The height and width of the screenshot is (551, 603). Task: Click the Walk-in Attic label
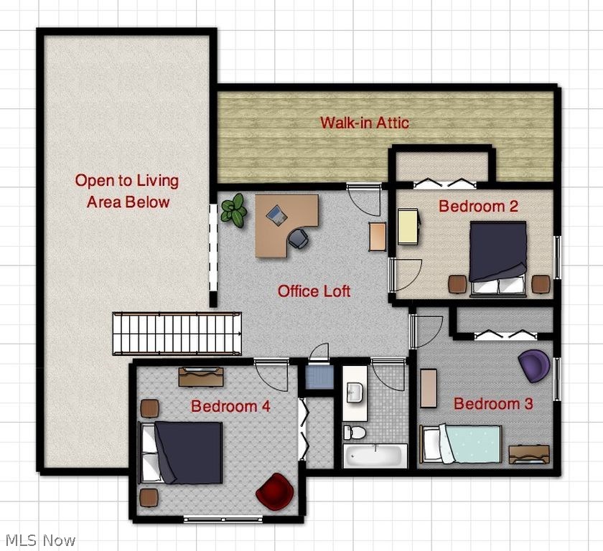[x=365, y=123]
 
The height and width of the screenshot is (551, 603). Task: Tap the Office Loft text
[x=314, y=291]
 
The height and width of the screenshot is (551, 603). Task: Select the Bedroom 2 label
[x=478, y=207]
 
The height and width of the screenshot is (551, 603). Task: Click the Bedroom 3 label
[x=493, y=405]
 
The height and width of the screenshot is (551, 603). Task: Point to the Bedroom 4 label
[x=230, y=407]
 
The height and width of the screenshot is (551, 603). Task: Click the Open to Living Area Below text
[x=128, y=191]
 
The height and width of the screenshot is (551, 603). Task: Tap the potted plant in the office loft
[x=233, y=210]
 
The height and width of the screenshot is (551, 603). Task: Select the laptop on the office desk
[x=276, y=214]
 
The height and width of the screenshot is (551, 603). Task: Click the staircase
[x=177, y=333]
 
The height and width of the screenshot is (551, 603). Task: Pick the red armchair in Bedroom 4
[x=275, y=491]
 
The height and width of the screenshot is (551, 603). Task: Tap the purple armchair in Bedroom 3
[x=535, y=366]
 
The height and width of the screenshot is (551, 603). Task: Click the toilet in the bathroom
[x=354, y=432]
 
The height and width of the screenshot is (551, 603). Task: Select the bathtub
[x=375, y=456]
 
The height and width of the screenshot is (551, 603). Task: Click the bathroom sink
[x=355, y=392]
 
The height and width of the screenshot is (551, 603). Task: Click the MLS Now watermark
[x=40, y=540]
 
